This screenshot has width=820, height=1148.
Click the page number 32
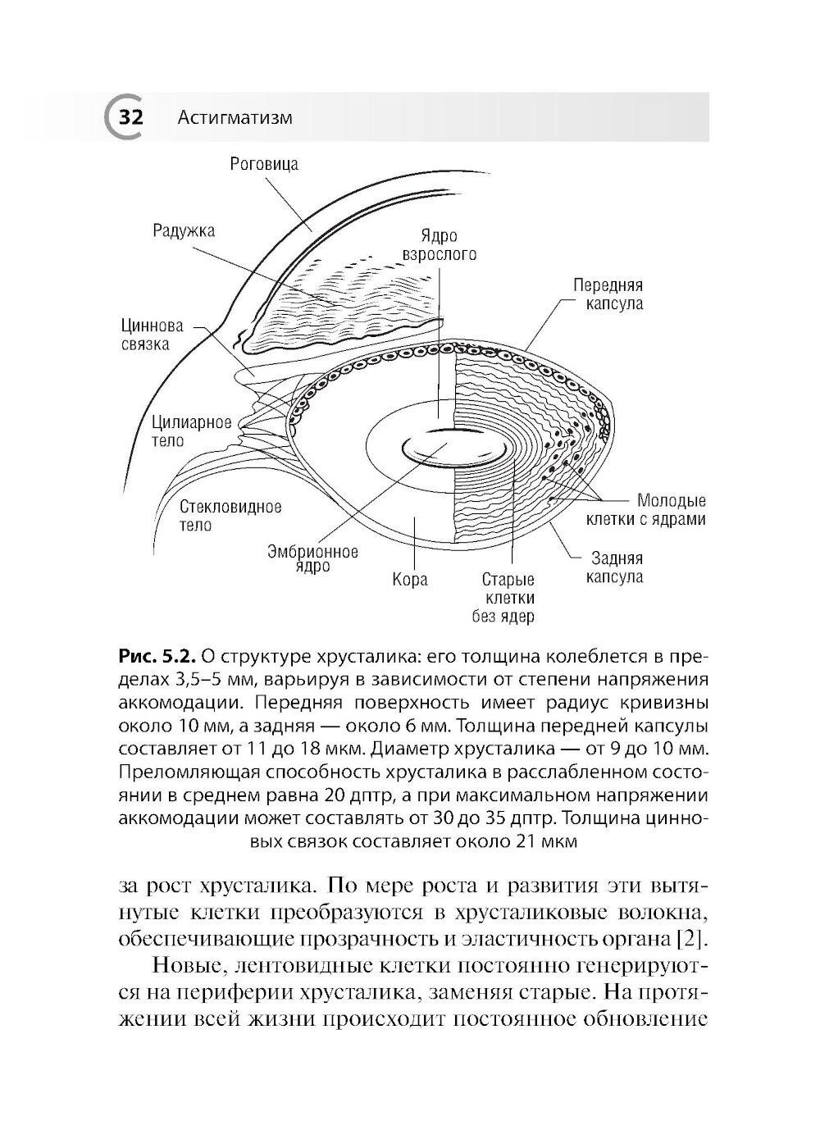point(130,117)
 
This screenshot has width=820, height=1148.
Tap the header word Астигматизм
point(235,118)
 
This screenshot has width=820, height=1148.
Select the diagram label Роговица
point(263,164)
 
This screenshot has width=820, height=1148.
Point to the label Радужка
point(184,230)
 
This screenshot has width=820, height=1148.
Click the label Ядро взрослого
point(439,244)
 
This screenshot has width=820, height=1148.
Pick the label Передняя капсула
point(608,294)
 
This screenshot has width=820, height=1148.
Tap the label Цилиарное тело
point(191,431)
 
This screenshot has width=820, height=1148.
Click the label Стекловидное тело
point(230,516)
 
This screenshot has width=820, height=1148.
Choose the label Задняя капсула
point(617,567)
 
